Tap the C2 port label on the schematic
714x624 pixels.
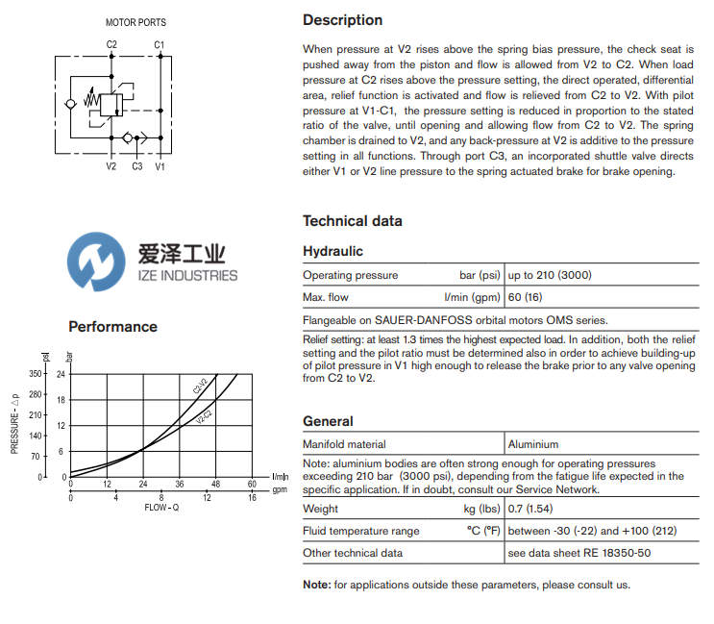[x=111, y=44]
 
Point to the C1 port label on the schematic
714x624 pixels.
[x=160, y=44]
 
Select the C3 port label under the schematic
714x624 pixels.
[x=137, y=166]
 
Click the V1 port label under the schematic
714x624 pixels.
[x=160, y=166]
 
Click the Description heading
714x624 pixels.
[x=342, y=20]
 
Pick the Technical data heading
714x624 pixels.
[x=352, y=221]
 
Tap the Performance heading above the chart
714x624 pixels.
[x=112, y=327]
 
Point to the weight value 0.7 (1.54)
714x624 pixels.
[x=529, y=509]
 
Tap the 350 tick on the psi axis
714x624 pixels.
[x=36, y=373]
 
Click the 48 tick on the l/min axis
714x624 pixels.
[x=216, y=484]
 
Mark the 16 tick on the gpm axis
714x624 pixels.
[x=252, y=497]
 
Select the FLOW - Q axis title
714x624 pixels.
[x=161, y=507]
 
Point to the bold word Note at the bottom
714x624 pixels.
[x=316, y=585]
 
